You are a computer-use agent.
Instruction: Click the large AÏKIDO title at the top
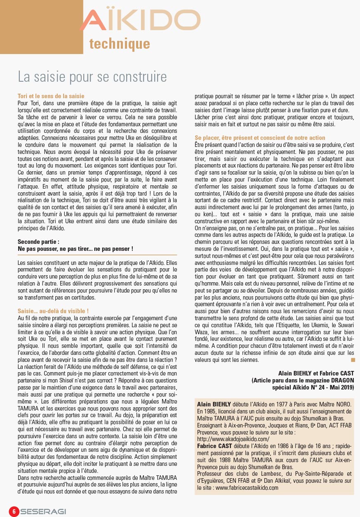140,21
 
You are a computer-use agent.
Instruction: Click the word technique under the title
120,44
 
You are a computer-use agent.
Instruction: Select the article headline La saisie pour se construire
92,76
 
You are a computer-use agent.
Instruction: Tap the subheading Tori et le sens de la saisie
51,96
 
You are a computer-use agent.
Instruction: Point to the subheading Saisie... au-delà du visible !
53,310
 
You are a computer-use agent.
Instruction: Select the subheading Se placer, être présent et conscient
260,137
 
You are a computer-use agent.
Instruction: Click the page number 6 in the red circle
14,511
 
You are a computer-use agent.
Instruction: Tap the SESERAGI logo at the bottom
43,511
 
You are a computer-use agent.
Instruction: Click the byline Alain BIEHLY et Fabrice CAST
316,373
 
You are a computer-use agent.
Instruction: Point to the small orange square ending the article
353,360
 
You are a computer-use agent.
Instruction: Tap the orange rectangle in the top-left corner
41,27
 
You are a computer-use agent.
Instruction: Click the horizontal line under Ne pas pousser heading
97,255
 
